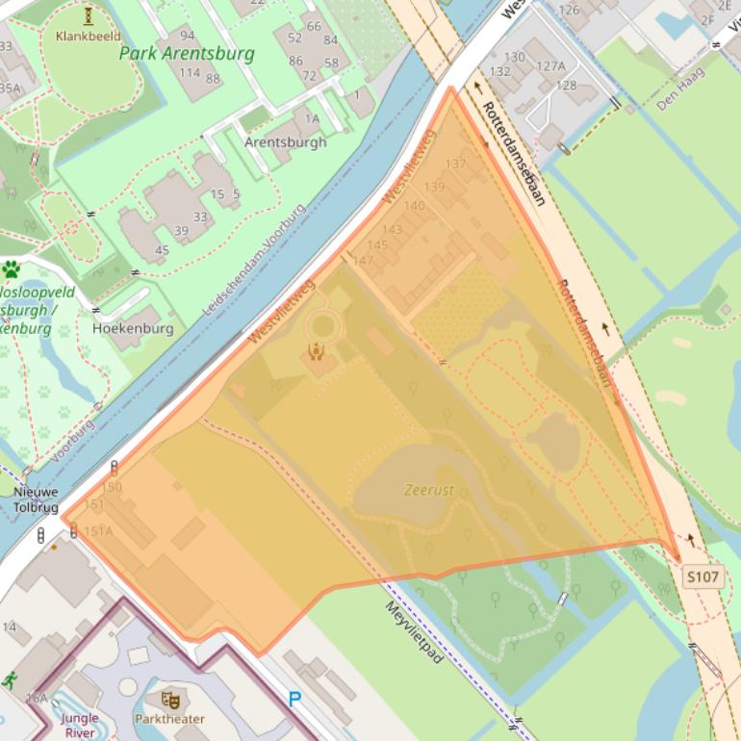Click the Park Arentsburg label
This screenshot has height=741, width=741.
(x=187, y=53)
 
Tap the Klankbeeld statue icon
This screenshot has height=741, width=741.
(x=89, y=15)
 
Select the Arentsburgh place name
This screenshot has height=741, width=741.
(x=286, y=141)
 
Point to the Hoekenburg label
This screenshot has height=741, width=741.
(x=133, y=328)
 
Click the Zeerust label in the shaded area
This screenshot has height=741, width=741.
(x=429, y=491)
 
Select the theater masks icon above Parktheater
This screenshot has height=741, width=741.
(x=171, y=700)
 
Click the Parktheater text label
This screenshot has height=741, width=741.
(x=169, y=719)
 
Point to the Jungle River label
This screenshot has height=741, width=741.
(x=80, y=725)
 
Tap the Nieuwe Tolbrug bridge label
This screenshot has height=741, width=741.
(x=36, y=499)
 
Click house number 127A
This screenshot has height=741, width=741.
(x=550, y=66)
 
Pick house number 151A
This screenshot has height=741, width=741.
(x=98, y=530)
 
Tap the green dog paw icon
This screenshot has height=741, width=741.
(x=12, y=269)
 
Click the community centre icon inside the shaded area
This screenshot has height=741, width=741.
(x=315, y=350)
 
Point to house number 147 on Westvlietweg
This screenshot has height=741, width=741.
(x=363, y=261)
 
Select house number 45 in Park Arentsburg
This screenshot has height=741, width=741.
(x=162, y=250)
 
